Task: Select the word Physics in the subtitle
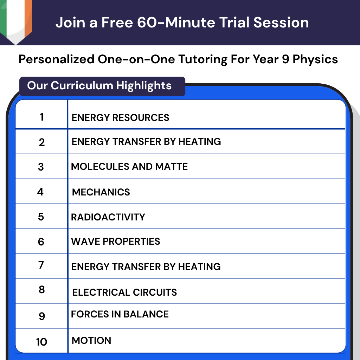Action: (x=315, y=59)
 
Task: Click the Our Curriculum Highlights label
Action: (x=99, y=85)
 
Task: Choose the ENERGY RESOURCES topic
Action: (x=120, y=117)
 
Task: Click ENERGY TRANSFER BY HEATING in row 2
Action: (x=146, y=141)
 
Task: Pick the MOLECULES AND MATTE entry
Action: (x=129, y=166)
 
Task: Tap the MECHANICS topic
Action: (x=101, y=192)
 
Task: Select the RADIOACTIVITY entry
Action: (x=108, y=217)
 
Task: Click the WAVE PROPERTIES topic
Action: (x=115, y=242)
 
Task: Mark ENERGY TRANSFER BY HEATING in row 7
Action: (x=146, y=266)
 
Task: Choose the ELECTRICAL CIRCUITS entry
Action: (x=124, y=292)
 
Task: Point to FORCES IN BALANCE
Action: (x=120, y=314)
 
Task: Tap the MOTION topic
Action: (x=91, y=340)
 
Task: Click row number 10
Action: (x=41, y=342)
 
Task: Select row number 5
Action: (x=41, y=217)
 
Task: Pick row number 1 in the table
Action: (x=42, y=117)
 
